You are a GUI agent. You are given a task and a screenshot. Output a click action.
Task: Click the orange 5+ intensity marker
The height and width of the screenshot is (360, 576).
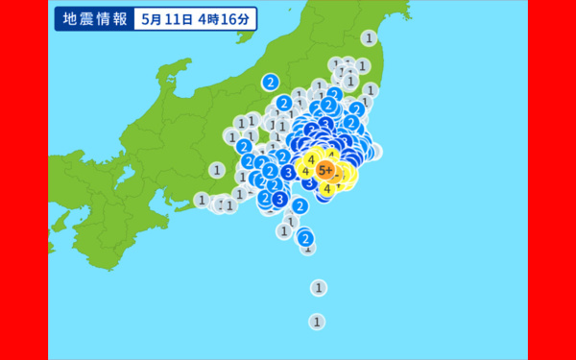326,171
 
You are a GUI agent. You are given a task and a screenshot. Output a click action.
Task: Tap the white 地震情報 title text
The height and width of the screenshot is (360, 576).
92,19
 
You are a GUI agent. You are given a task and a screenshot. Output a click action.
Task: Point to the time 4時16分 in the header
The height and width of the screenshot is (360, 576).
228,19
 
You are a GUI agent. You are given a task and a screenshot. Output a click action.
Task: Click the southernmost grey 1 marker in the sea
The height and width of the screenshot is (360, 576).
317,322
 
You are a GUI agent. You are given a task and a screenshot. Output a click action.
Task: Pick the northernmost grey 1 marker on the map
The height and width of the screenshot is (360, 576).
369,38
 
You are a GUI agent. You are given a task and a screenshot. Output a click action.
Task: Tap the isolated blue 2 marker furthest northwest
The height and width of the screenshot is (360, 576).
271,82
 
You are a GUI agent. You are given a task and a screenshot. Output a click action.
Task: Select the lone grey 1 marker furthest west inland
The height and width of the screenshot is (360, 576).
218,170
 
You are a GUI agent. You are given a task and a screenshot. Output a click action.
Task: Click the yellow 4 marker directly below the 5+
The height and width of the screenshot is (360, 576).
327,189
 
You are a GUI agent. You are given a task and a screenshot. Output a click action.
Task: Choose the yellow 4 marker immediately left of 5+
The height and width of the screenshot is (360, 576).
305,172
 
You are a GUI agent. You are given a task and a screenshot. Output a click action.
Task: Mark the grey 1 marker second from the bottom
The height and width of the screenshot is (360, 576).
318,287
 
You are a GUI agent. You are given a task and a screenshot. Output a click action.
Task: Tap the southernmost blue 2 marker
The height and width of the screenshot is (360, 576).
305,237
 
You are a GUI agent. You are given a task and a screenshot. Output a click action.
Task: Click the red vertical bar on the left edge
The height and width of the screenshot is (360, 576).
24,180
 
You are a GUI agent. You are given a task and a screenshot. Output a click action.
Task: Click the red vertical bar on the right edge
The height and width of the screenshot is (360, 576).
552,180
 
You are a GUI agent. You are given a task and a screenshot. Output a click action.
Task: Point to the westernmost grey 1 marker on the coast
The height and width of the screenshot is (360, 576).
201,200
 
